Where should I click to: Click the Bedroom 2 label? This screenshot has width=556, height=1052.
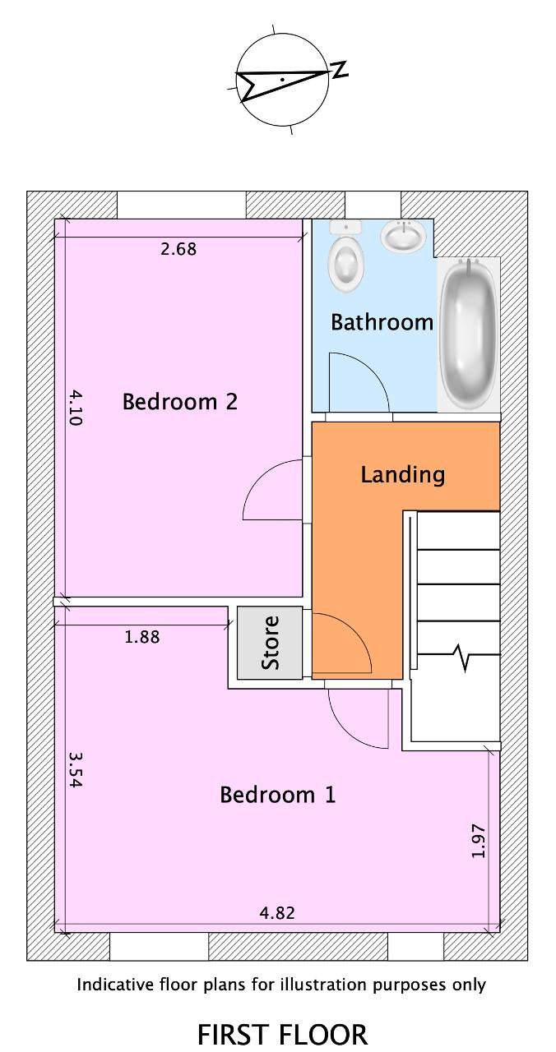(x=180, y=402)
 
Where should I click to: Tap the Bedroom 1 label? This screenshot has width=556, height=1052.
(x=278, y=795)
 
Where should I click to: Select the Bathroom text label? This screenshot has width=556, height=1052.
(x=382, y=322)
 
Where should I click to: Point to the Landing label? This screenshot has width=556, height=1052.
(x=403, y=475)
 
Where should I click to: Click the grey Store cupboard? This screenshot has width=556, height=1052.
(x=269, y=643)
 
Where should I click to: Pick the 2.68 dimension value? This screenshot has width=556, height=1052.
(x=178, y=249)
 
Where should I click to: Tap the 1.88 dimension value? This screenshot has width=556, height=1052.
(x=142, y=637)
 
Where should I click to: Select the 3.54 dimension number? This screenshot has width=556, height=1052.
(x=75, y=770)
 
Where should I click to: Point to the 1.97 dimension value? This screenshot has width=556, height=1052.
(x=478, y=840)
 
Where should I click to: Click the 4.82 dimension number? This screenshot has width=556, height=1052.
(x=277, y=912)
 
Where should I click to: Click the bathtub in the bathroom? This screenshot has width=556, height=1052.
(x=468, y=335)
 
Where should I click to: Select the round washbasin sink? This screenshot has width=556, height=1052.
(x=403, y=236)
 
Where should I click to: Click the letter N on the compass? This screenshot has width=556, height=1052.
(x=341, y=70)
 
